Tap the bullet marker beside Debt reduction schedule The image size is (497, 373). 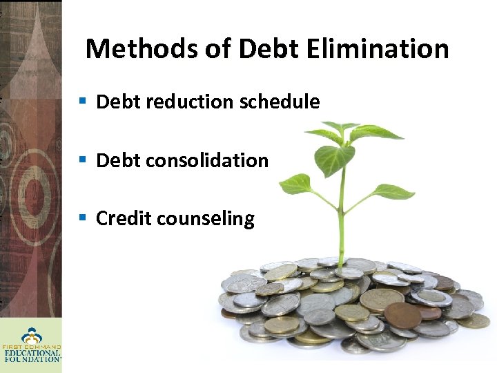82,102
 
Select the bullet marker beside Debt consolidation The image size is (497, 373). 82,160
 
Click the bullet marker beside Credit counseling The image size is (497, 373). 82,218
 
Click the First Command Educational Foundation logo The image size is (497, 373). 30,345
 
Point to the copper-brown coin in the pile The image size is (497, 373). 402,316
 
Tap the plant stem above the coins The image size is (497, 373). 341,221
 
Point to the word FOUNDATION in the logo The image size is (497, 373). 32,359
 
